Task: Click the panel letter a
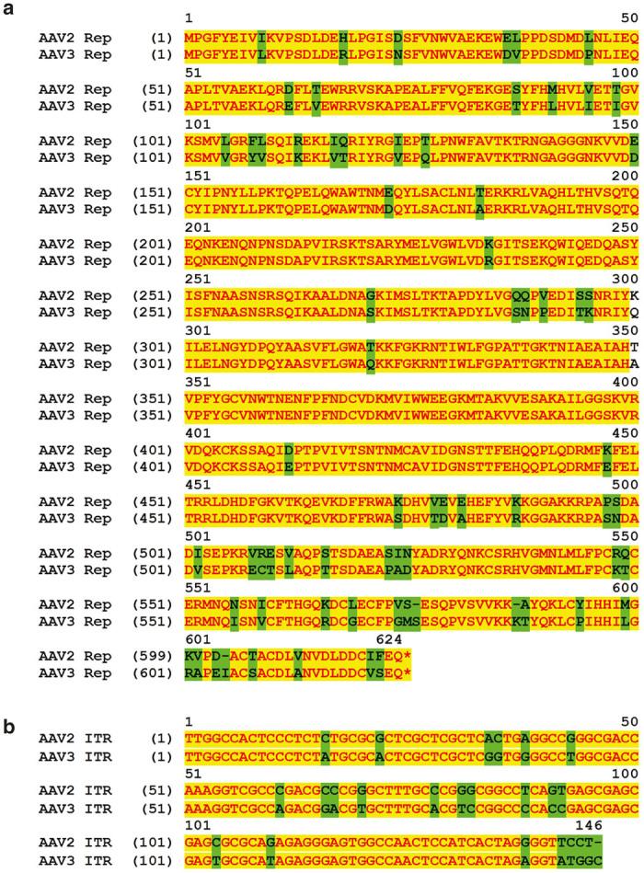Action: click(8, 12)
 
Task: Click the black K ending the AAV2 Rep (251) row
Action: click(634, 267)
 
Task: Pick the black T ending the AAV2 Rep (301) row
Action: click(634, 315)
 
